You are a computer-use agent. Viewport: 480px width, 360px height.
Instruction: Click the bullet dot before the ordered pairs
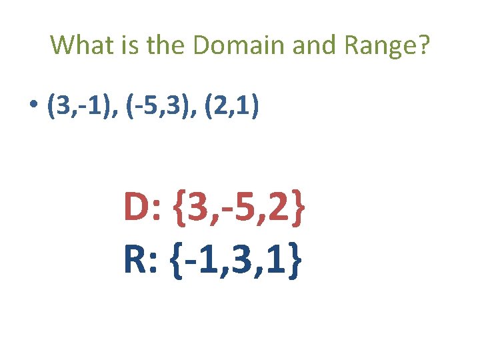pyautogui.click(x=33, y=107)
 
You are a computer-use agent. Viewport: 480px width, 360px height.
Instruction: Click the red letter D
pyautogui.click(x=139, y=209)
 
